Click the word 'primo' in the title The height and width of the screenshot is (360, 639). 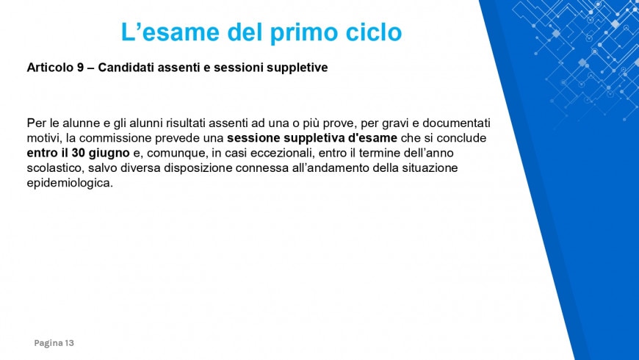(305, 33)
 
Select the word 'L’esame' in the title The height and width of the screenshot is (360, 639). (170, 32)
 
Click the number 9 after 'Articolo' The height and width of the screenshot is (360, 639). (81, 68)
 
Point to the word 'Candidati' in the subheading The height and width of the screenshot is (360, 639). (126, 68)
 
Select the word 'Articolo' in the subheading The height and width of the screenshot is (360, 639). (50, 68)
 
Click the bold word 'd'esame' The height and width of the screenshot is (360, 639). (373, 138)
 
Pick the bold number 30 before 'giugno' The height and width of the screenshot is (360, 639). (78, 153)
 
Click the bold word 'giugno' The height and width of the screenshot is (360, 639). (109, 154)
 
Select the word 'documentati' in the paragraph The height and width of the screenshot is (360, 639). (456, 123)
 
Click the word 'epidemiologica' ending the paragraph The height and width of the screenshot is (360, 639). (68, 184)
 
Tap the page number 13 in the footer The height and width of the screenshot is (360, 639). (69, 343)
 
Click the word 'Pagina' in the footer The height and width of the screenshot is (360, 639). (48, 343)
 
